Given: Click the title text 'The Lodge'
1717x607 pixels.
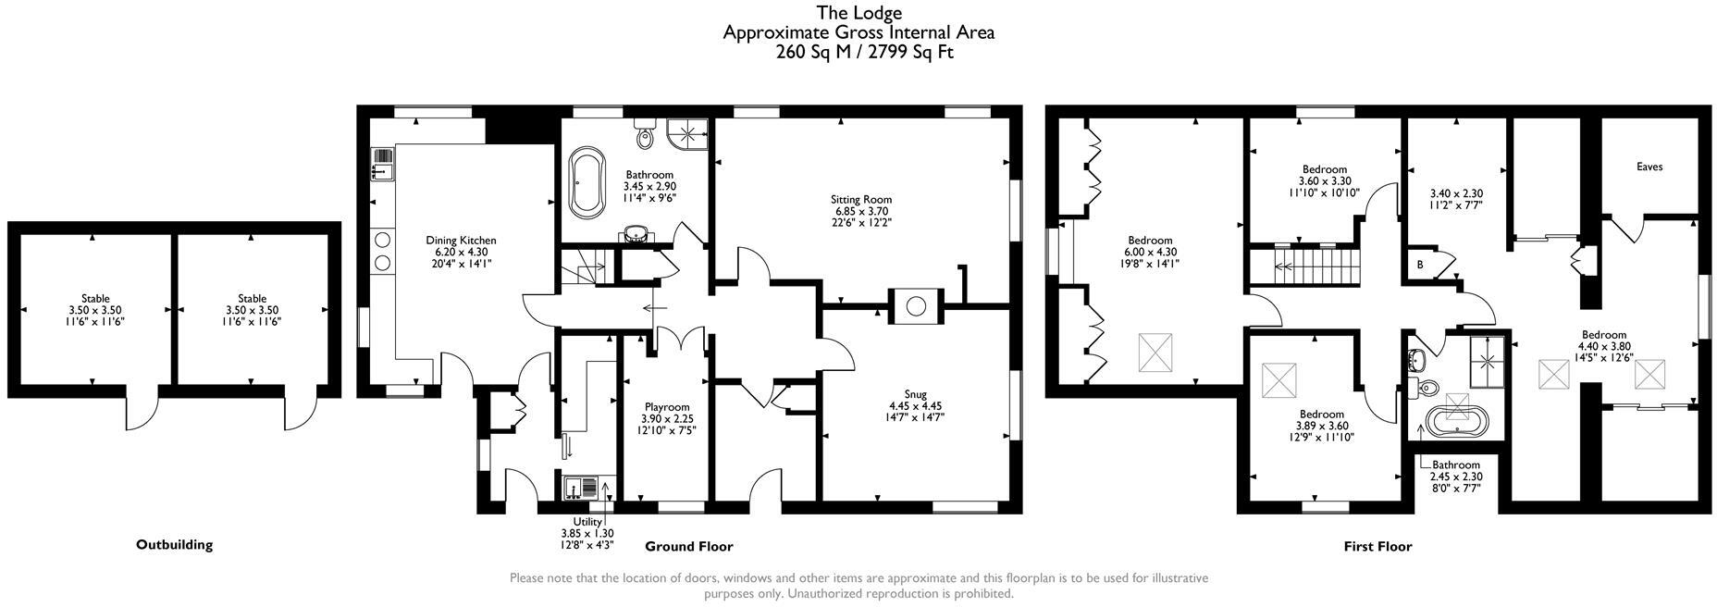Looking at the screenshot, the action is pyautogui.click(x=858, y=13).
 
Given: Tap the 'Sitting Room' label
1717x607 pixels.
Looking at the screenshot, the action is pyautogui.click(x=860, y=199).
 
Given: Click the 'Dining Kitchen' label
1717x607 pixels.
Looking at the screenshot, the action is pyautogui.click(x=461, y=241).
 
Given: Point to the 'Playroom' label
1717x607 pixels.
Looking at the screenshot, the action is pyautogui.click(x=667, y=407).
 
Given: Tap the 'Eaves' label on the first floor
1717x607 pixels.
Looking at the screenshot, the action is pyautogui.click(x=1649, y=167).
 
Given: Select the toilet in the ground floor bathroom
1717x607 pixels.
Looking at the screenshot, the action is pyautogui.click(x=645, y=135).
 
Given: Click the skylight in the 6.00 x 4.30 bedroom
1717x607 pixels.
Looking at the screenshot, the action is pyautogui.click(x=1154, y=352).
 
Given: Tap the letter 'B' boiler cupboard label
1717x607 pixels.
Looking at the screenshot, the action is pyautogui.click(x=1420, y=265).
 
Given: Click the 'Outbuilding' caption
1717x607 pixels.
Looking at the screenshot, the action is pyautogui.click(x=174, y=545).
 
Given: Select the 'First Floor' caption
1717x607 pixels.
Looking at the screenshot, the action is pyautogui.click(x=1377, y=547).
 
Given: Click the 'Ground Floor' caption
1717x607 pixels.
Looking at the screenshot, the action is pyautogui.click(x=689, y=547).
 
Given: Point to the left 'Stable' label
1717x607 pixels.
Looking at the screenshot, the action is pyautogui.click(x=95, y=299).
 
